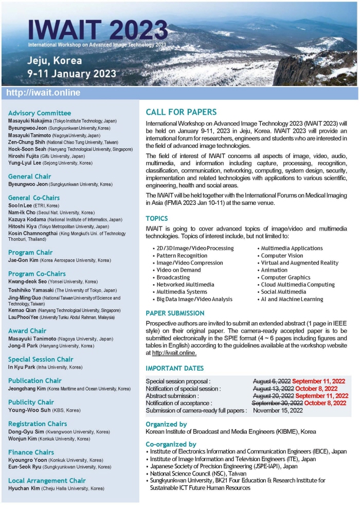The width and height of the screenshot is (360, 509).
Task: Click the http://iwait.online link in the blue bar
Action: click(x=43, y=93)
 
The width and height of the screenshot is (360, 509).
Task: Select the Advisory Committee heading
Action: click(x=40, y=113)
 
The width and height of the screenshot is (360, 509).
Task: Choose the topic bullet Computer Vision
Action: click(x=282, y=255)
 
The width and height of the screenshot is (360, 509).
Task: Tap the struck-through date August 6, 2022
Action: click(x=273, y=381)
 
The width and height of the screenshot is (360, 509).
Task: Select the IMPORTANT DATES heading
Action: click(x=175, y=368)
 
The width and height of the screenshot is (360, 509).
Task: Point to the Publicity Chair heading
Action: click(x=31, y=402)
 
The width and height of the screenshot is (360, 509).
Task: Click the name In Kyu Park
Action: click(x=21, y=367)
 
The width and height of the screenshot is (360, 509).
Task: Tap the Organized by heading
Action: click(x=166, y=424)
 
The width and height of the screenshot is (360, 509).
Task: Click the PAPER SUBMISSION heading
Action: click(x=175, y=313)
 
